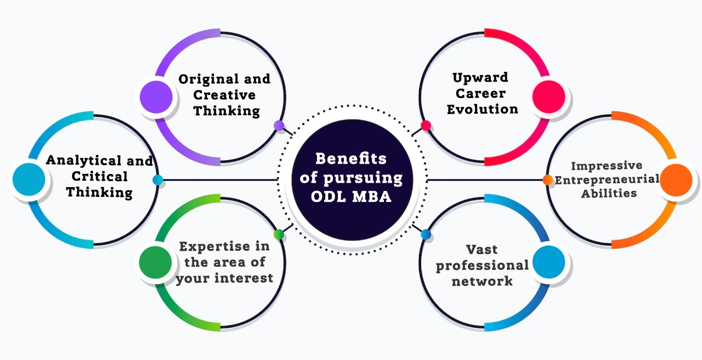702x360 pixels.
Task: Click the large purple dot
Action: tap(156, 97)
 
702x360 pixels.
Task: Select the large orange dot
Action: tap(676, 180)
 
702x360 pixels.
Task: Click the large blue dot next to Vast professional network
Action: tap(548, 263)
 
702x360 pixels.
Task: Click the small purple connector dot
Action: tap(279, 126)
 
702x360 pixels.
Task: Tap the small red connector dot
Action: tap(426, 126)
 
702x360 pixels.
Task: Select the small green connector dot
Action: tap(279, 234)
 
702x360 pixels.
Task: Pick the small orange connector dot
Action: tap(547, 179)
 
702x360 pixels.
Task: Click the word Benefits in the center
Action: tap(351, 159)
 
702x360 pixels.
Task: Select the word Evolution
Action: tap(483, 109)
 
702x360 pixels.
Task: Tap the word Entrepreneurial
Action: tap(607, 179)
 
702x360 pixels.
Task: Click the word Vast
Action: tap(482, 250)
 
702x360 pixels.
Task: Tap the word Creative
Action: tap(225, 95)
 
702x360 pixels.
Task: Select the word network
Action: tap(482, 281)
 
